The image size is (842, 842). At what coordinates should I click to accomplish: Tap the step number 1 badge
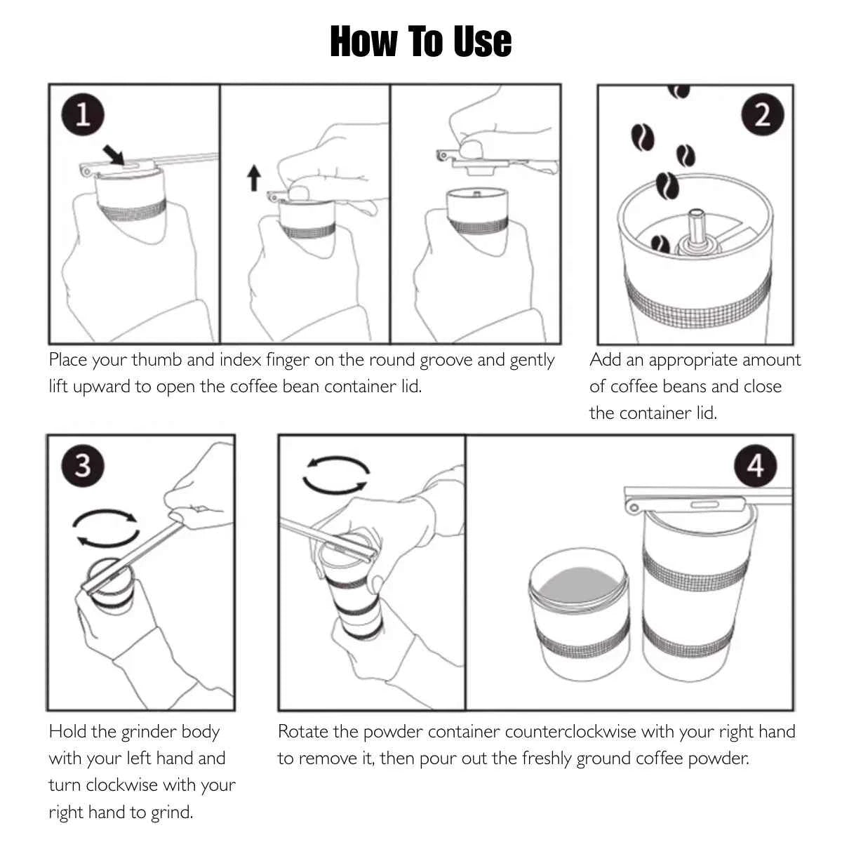click(x=83, y=114)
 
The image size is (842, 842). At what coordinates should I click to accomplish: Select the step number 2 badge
click(x=762, y=114)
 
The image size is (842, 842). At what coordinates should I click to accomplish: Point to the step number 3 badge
click(x=83, y=465)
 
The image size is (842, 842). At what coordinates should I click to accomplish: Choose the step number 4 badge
click(x=755, y=465)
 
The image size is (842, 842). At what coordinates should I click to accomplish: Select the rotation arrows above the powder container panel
click(x=335, y=475)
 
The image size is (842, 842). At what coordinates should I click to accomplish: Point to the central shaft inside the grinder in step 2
click(x=696, y=228)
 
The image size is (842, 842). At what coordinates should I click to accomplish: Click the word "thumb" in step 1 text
click(x=157, y=360)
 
